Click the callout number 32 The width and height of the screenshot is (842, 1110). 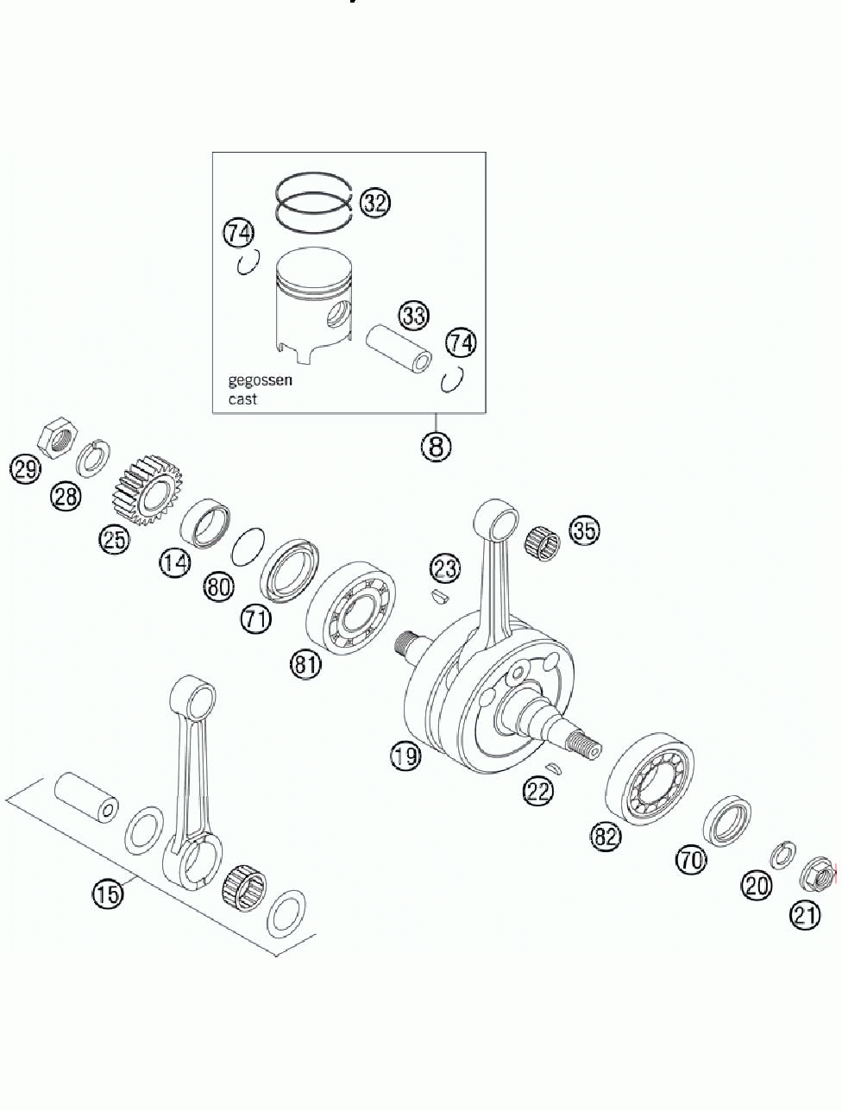click(x=375, y=203)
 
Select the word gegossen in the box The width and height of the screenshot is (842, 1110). click(x=260, y=380)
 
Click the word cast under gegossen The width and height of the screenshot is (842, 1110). click(x=242, y=400)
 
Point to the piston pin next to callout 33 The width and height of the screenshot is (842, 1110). click(x=399, y=347)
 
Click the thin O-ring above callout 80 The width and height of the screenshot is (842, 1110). click(x=248, y=545)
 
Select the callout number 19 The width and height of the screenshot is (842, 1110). click(x=405, y=756)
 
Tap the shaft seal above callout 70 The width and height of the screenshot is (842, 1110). click(x=729, y=820)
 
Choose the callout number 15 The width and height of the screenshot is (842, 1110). click(x=108, y=894)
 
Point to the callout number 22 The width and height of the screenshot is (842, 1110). click(x=538, y=791)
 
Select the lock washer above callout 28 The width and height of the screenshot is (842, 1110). click(x=94, y=458)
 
